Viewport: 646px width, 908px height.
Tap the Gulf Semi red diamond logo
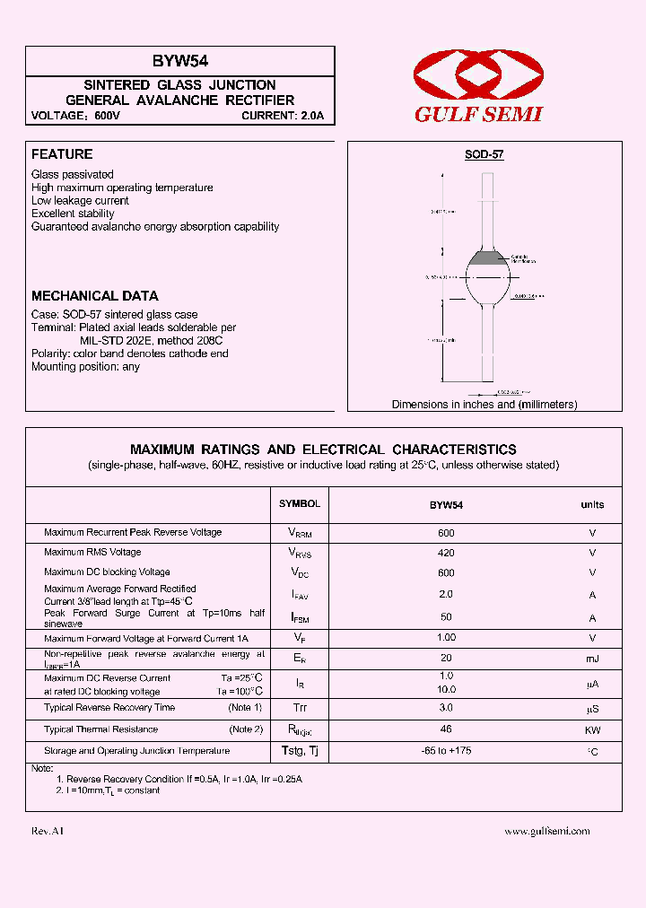[x=477, y=76]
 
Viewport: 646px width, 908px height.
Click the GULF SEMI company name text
[x=478, y=115]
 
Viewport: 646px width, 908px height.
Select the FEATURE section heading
[x=62, y=154]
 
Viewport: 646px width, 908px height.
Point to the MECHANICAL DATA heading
[x=94, y=295]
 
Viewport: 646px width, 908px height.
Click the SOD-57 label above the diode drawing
[x=484, y=154]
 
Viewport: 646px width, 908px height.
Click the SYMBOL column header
[x=299, y=504]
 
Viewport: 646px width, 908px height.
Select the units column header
[x=591, y=505]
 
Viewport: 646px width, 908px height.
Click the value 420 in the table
[x=446, y=553]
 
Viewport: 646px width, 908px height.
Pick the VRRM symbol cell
[x=299, y=533]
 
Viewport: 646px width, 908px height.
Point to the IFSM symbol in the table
[x=299, y=617]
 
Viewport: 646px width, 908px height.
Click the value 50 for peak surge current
[x=446, y=617]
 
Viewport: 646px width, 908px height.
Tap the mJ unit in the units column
[x=591, y=659]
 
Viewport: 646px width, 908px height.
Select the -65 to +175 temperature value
[x=446, y=750]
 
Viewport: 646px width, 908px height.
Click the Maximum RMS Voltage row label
[x=92, y=553]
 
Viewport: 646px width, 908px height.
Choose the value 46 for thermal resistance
[x=446, y=729]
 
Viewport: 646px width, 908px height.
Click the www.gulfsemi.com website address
[x=546, y=831]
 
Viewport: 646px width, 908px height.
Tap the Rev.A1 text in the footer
[x=48, y=832]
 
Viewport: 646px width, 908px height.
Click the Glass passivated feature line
[x=73, y=174]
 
